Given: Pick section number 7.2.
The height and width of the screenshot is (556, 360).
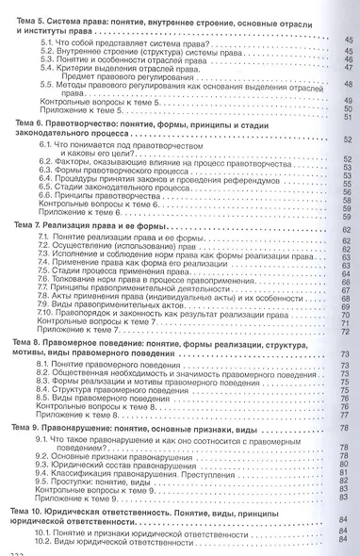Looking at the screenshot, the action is [x=44, y=250].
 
